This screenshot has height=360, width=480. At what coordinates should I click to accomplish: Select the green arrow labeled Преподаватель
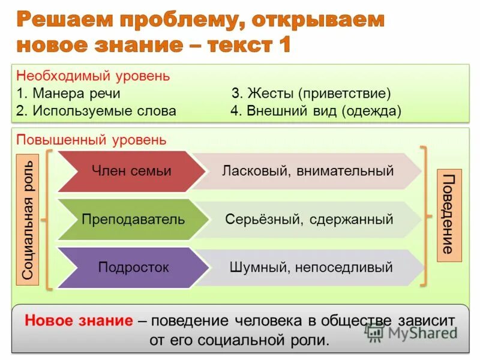coord(133,219)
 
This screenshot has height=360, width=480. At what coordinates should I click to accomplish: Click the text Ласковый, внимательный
coord(308,171)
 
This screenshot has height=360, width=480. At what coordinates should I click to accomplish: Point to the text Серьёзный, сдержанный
coord(309,219)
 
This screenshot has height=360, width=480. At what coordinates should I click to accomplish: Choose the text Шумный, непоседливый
coord(311,267)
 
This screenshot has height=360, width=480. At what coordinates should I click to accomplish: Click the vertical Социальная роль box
coord(30,219)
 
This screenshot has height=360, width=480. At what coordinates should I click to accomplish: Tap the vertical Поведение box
coord(449,215)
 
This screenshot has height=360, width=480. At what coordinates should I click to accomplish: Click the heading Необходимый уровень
coord(93,77)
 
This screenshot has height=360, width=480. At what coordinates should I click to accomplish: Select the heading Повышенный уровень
coord(91,140)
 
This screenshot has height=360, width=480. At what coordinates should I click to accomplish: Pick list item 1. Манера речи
coord(68,94)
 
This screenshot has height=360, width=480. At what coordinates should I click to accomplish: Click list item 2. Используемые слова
coord(97,111)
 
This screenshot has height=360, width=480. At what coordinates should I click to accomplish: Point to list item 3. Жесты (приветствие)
coord(311,94)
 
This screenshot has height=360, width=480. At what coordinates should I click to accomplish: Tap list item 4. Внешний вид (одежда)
coord(316,111)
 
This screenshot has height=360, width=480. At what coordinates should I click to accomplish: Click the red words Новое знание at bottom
coord(79,320)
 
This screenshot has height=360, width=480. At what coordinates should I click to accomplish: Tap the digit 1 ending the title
coord(283,46)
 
